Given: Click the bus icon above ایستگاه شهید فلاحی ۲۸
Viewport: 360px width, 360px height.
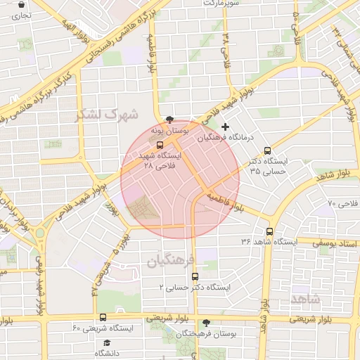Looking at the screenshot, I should click(169, 145).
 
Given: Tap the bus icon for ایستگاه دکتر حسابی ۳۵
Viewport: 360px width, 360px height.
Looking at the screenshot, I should click(267, 150).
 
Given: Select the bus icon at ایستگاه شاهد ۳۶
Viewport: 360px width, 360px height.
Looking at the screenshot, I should click(269, 231).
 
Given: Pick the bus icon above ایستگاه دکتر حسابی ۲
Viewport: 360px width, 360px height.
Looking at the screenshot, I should click(195, 277).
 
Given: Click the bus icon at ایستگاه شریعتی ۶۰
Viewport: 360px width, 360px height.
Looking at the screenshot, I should click(103, 318).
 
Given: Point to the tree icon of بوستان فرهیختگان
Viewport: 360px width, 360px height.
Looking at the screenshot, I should click(206, 323).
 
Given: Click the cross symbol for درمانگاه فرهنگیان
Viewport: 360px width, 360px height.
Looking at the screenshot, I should click(225, 127).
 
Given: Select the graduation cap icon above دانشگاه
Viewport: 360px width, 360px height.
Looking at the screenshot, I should click(107, 342).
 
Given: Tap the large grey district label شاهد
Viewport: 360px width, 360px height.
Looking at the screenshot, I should click(304, 298).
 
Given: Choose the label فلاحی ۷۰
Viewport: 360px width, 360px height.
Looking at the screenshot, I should click(342, 203).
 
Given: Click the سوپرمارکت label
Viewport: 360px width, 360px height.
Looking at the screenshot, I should click(221, 3).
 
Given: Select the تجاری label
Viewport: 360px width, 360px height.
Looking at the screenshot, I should click(21, 14).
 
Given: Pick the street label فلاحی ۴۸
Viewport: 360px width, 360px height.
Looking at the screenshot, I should click(225, 46).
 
